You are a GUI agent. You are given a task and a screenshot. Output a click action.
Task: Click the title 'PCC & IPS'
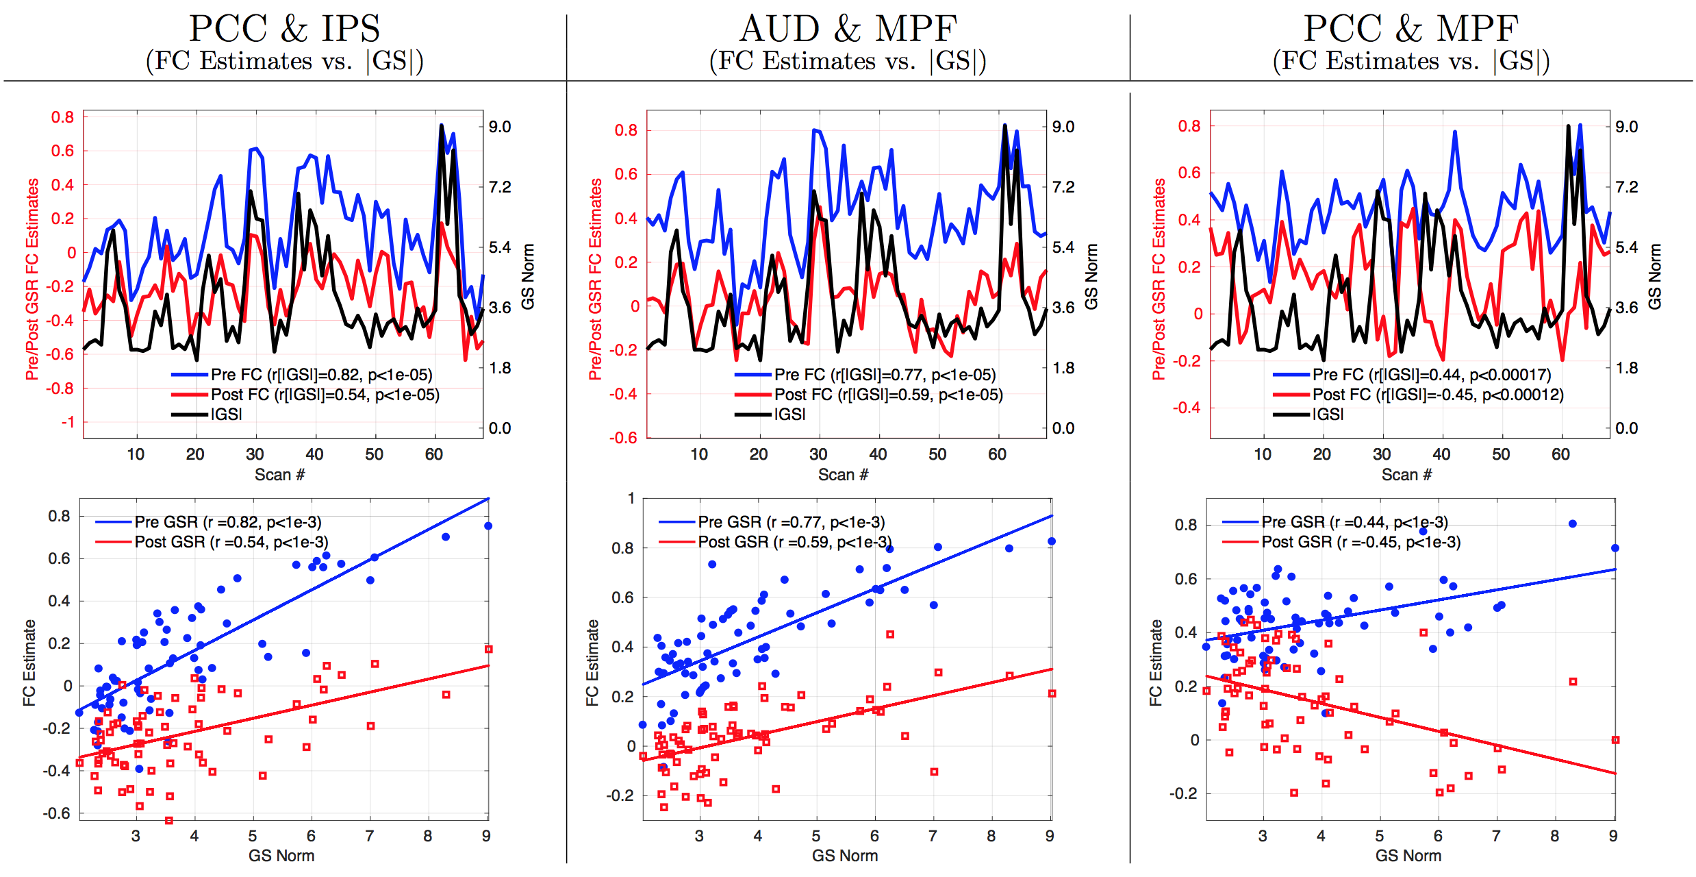pyautogui.click(x=284, y=29)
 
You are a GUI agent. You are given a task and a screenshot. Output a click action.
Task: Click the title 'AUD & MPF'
pyautogui.click(x=848, y=29)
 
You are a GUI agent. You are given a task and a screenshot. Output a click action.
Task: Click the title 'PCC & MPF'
pyautogui.click(x=1410, y=29)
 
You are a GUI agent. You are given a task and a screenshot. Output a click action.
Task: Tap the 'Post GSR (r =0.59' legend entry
pyautogui.click(x=794, y=542)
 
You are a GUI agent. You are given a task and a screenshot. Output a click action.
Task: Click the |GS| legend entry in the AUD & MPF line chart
pyautogui.click(x=789, y=415)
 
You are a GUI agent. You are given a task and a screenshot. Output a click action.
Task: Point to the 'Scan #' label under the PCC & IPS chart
pyautogui.click(x=279, y=475)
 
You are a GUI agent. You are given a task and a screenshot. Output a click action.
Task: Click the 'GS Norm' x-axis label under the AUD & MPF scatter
pyautogui.click(x=845, y=856)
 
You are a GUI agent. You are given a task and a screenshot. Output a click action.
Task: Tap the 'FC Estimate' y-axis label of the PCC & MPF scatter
pyautogui.click(x=1156, y=663)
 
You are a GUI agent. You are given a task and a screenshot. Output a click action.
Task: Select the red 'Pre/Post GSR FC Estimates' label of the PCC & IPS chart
pyautogui.click(x=32, y=279)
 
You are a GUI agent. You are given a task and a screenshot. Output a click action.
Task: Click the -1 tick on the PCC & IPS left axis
pyautogui.click(x=68, y=422)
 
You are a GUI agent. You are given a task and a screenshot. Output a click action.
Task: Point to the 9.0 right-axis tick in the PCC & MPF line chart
pyautogui.click(x=1627, y=127)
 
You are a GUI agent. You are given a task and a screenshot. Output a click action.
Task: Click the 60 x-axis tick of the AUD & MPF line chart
pyautogui.click(x=997, y=454)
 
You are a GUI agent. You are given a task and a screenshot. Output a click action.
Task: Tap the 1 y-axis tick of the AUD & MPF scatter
pyautogui.click(x=631, y=498)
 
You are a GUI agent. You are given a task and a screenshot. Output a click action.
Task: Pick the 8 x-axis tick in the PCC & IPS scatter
pyautogui.click(x=428, y=836)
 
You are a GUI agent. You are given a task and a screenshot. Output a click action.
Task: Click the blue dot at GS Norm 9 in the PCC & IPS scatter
pyautogui.click(x=488, y=526)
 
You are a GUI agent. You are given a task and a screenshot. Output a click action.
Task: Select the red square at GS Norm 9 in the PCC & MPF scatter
pyautogui.click(x=1615, y=740)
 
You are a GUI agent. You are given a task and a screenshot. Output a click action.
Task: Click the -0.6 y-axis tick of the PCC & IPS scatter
pyautogui.click(x=57, y=813)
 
